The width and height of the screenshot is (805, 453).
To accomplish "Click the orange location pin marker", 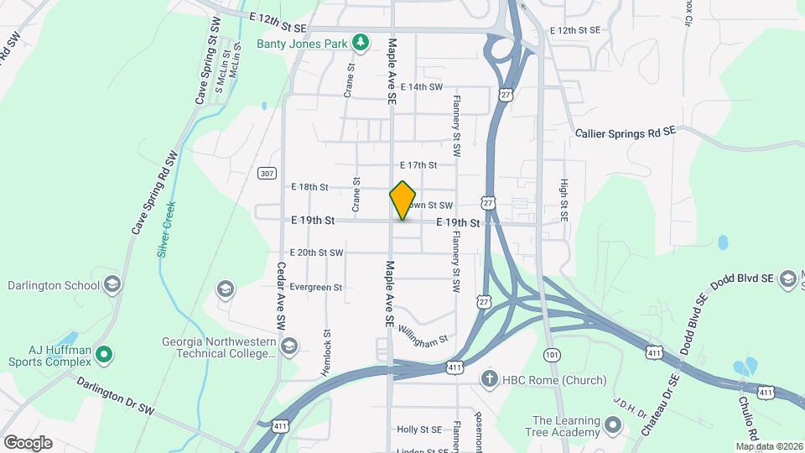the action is pyautogui.click(x=403, y=200).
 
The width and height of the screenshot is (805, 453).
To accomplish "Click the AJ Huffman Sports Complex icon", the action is pyautogui.click(x=104, y=355).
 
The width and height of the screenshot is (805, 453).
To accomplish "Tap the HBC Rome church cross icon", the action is pyautogui.click(x=488, y=380).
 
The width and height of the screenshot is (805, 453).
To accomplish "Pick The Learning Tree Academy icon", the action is pyautogui.click(x=612, y=426).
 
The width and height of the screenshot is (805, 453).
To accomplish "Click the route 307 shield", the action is pyautogui.click(x=267, y=174).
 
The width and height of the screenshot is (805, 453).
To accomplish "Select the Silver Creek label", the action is pyautogui.click(x=166, y=228).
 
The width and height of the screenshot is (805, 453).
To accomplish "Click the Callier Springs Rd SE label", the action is pyautogui.click(x=625, y=133).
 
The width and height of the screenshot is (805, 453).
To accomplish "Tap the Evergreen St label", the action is pyautogui.click(x=316, y=287).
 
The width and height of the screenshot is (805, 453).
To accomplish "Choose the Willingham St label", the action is pyautogui.click(x=423, y=334).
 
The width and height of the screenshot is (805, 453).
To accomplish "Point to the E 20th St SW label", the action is pyautogui.click(x=316, y=253).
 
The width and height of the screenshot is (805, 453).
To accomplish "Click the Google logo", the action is pyautogui.click(x=28, y=443).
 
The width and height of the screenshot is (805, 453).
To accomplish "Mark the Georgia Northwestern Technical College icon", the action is pyautogui.click(x=289, y=346).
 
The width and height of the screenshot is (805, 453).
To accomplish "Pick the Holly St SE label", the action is pyautogui.click(x=419, y=430).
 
